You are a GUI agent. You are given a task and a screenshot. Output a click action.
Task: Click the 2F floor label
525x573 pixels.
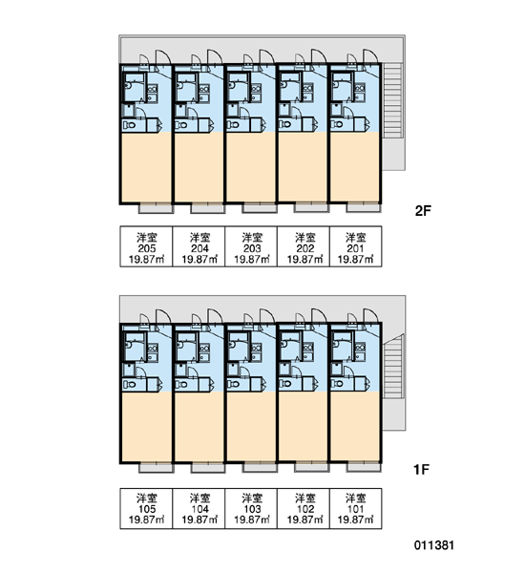tap(423, 211)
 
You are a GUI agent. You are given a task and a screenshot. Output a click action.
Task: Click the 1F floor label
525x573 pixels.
tap(421, 469)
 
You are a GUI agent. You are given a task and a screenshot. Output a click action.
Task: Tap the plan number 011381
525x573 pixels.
tap(434, 545)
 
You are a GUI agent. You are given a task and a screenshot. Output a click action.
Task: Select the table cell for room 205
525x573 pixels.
tap(146, 246)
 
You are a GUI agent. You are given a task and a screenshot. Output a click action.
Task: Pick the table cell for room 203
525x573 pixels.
tap(251, 246)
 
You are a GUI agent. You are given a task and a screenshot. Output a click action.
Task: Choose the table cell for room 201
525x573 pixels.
tap(356, 246)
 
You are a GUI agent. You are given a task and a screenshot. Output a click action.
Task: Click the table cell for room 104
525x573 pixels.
tap(199, 508)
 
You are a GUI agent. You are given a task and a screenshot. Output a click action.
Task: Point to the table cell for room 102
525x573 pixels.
tap(304, 508)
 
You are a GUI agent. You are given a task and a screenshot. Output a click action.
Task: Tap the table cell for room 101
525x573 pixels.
tap(356, 508)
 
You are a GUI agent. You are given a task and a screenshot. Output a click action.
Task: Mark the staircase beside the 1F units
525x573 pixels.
tap(393, 367)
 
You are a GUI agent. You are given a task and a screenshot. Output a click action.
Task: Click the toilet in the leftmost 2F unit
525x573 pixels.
tap(129, 125)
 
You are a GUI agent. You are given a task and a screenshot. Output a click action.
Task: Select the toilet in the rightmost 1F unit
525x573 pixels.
tap(338, 384)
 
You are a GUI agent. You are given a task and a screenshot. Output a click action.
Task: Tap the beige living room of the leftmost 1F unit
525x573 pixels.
tap(146, 426)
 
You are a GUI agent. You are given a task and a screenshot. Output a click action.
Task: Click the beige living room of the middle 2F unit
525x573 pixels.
tap(251, 166)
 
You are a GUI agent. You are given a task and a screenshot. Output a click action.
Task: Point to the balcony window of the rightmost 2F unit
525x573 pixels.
tap(363, 207)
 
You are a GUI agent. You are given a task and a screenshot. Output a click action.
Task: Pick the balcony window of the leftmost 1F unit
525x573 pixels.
tap(156, 467)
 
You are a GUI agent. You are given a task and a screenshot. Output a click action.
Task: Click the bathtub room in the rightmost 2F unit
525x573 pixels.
tap(343, 87)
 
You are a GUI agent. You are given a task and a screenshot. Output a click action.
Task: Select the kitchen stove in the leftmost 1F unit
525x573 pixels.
tap(153, 348)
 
